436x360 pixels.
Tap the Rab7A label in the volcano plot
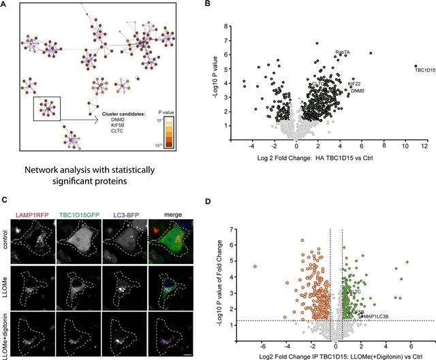point(343,52)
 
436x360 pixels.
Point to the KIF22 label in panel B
point(356,84)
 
